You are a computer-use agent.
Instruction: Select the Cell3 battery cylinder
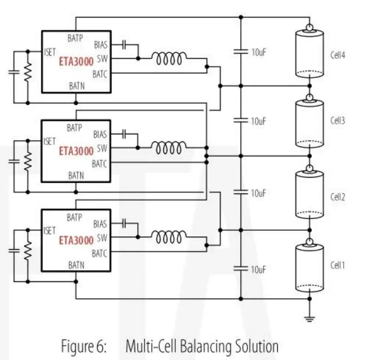click(309, 122)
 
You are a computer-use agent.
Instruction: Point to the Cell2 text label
click(338, 197)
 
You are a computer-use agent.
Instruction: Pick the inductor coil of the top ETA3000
click(170, 59)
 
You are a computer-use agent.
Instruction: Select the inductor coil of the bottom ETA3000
click(170, 237)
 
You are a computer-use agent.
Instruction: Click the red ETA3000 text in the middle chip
click(76, 150)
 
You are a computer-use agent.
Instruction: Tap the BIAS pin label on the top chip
click(101, 45)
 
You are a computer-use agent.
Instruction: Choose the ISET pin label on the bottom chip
click(49, 231)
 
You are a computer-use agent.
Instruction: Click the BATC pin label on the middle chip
click(100, 163)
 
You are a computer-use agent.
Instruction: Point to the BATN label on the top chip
click(76, 85)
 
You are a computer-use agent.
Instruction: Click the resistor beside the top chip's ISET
click(28, 71)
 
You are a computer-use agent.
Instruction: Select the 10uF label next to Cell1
click(259, 269)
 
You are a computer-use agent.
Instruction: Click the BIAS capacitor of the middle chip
click(124, 134)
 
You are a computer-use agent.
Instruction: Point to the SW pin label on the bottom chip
click(102, 239)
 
